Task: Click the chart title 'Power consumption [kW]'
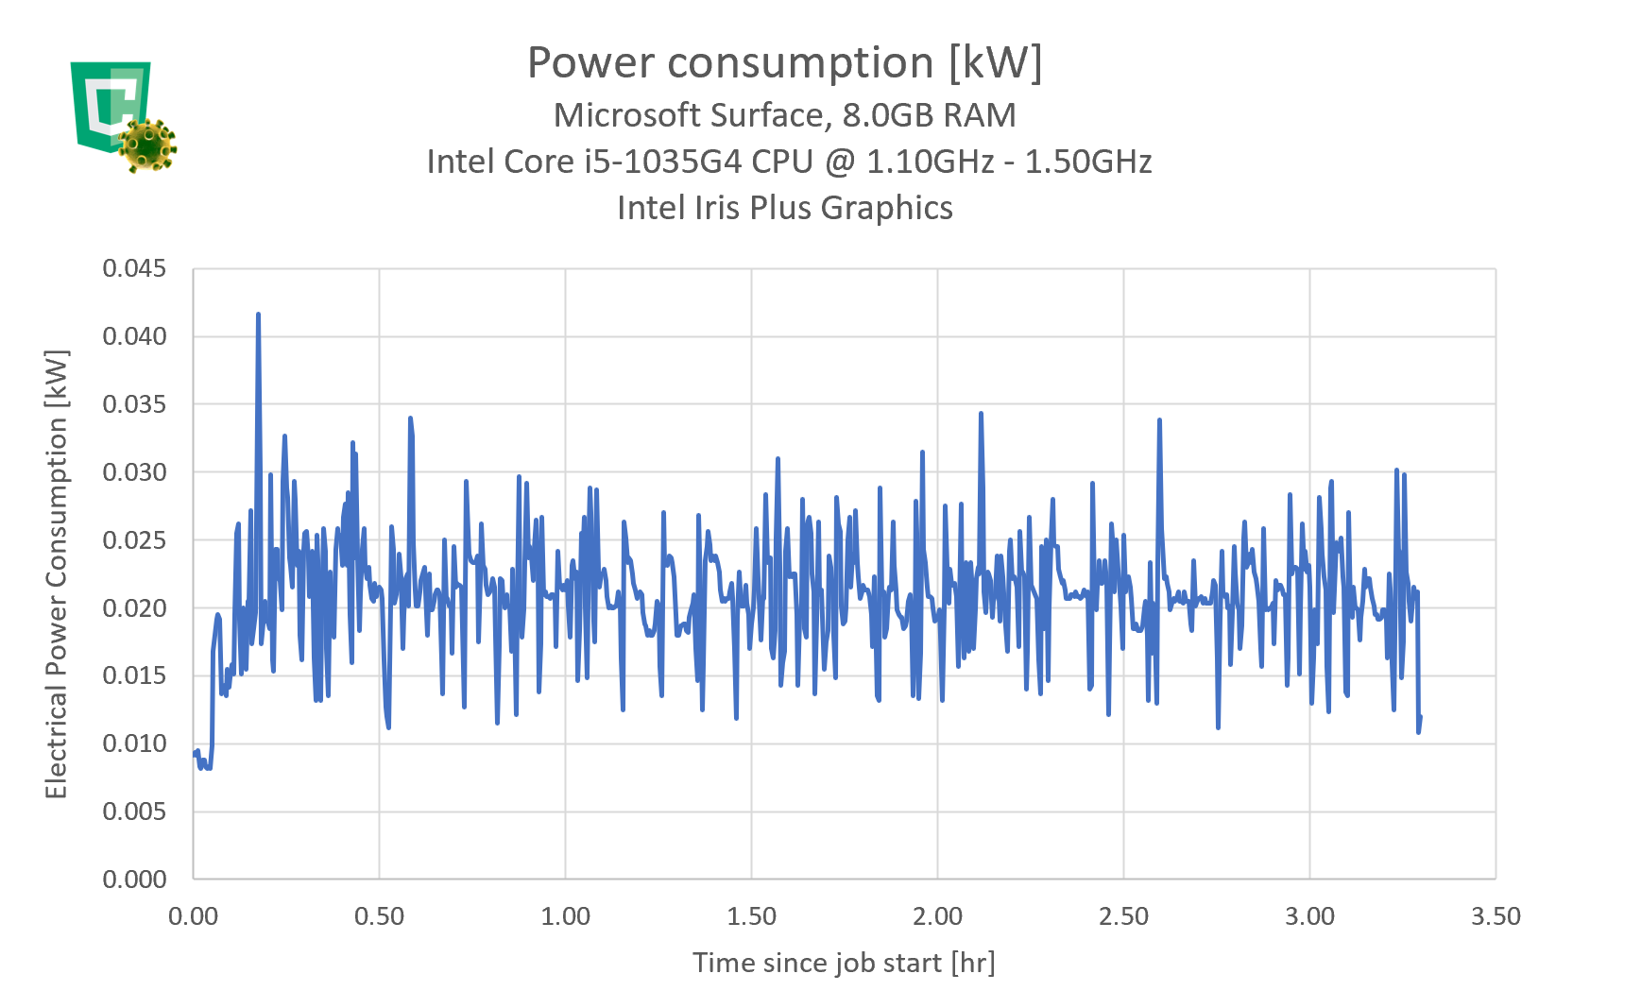tap(784, 63)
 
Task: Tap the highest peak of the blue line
tap(258, 315)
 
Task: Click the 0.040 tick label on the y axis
tap(134, 336)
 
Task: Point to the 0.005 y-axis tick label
tap(134, 812)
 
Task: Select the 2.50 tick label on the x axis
tap(1123, 916)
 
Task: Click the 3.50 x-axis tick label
tap(1496, 916)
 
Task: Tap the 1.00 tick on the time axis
tap(565, 916)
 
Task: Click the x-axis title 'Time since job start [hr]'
tap(844, 963)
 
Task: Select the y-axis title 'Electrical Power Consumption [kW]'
tap(57, 574)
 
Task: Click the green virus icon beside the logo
tap(147, 145)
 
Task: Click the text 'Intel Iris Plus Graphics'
tap(784, 208)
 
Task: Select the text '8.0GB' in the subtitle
tap(885, 115)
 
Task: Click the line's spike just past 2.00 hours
tap(981, 414)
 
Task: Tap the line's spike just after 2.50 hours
tap(1159, 420)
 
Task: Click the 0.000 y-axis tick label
tap(134, 880)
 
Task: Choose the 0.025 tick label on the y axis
tap(134, 540)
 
